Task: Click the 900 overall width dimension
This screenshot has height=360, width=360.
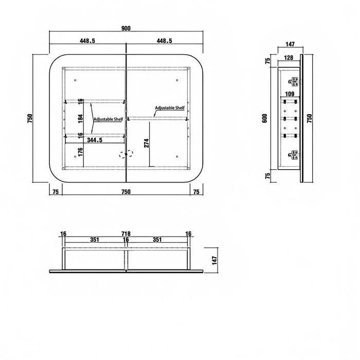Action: pos(126,28)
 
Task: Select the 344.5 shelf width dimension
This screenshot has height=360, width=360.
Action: pos(95,140)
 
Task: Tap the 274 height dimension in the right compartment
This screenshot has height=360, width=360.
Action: pos(147,143)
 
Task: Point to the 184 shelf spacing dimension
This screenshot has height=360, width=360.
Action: pos(80,119)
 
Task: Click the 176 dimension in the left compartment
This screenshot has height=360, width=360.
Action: pos(80,152)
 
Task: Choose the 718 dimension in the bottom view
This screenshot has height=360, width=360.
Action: pos(126,233)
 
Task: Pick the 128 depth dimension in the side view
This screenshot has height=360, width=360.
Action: pos(289,58)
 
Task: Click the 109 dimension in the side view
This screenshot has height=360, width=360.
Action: pos(290,94)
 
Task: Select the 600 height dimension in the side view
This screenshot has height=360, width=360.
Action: pos(265,118)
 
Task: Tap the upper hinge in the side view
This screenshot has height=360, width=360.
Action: pos(294,82)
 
